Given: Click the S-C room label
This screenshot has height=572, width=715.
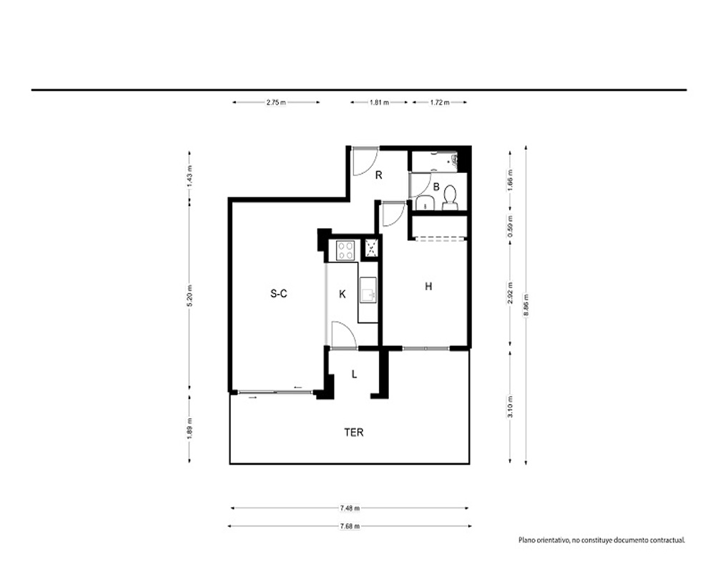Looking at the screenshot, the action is click(279, 294).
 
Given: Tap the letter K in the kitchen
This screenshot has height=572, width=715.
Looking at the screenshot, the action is click(342, 294).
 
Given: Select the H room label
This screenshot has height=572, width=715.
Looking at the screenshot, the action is click(428, 286).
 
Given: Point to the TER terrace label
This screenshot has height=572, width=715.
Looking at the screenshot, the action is click(354, 432).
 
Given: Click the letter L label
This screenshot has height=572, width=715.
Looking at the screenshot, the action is click(355, 375).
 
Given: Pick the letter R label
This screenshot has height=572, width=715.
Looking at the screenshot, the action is click(378, 174).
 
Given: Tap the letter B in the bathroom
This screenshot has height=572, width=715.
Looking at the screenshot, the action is click(436, 187).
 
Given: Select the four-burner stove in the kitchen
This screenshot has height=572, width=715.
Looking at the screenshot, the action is click(345, 250).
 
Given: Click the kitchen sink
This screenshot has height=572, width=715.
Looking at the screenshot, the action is click(368, 290).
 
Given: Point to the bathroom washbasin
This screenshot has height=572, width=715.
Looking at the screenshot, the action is click(425, 204).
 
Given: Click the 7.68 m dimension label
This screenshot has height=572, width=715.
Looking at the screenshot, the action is click(350, 526).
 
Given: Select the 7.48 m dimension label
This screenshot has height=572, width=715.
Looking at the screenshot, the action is click(350, 508).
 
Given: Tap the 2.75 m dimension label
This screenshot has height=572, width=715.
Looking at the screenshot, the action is click(276, 103).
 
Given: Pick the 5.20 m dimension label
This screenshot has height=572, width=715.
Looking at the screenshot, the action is click(189, 295).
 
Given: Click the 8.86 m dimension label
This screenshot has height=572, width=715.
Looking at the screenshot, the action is click(526, 305).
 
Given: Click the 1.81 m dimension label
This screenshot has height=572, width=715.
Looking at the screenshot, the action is click(379, 103).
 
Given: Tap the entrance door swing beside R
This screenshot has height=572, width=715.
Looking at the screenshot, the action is click(365, 162).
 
